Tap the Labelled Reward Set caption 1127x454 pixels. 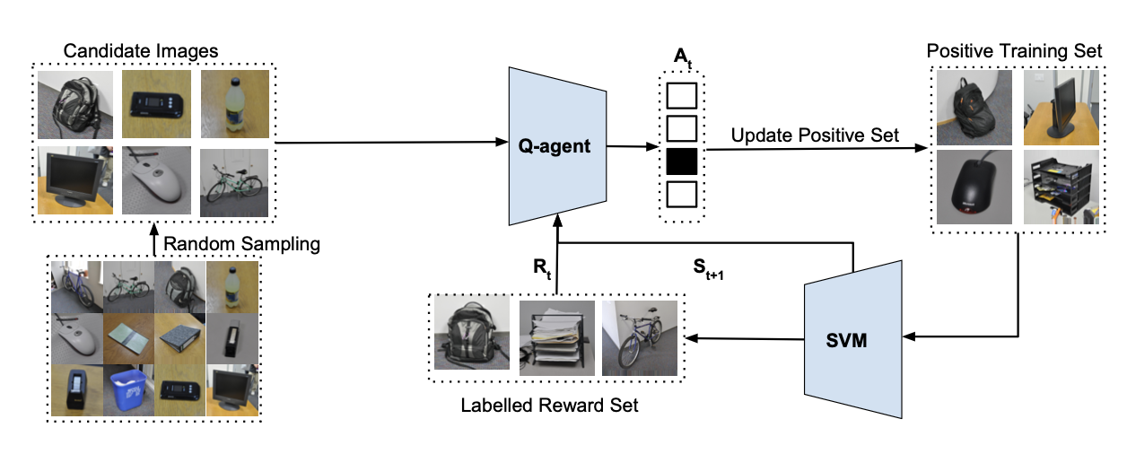pos(549,405)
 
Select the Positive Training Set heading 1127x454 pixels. pos(1013,49)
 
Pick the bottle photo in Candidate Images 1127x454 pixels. pos(233,104)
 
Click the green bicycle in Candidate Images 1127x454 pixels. pos(233,180)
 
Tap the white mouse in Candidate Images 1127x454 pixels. pos(155,180)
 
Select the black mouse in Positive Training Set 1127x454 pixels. pos(974,187)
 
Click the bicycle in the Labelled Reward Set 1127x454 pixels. pos(640,336)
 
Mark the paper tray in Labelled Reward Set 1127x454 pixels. pos(555,336)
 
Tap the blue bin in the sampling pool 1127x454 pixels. pos(128,389)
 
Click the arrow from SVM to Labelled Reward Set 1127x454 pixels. pos(745,339)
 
